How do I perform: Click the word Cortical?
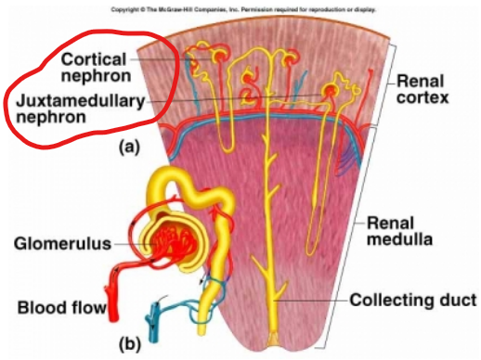[94, 58]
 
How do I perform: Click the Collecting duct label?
[413, 300]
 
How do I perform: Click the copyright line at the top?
[240, 6]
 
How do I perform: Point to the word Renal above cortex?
[422, 79]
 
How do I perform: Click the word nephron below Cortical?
[96, 75]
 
